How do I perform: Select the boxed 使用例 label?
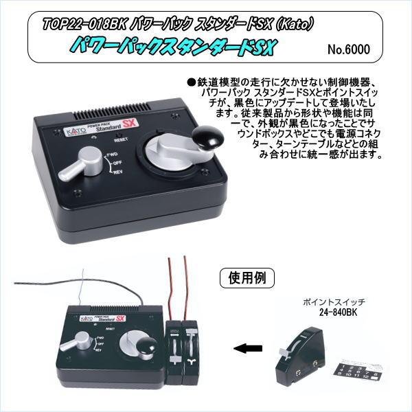click(247, 278)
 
